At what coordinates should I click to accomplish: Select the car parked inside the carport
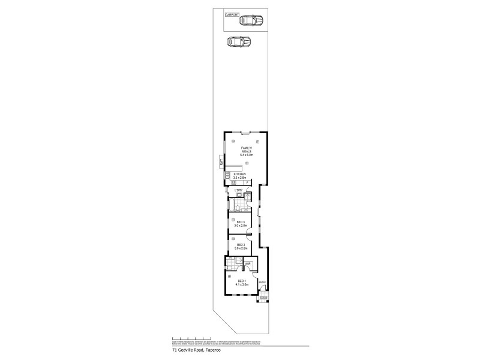[x=251, y=20]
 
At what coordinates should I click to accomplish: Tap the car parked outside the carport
[x=238, y=42]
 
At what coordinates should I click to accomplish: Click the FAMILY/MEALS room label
[x=247, y=149]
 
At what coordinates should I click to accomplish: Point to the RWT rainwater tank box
[x=221, y=163]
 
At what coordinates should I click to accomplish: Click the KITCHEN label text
[x=240, y=174]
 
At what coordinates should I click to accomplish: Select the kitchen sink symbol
[x=228, y=175]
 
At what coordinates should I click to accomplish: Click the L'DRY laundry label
[x=238, y=191]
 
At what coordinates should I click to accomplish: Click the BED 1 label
[x=242, y=281]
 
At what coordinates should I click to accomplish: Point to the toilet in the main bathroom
[x=238, y=208]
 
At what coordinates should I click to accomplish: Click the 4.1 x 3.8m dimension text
[x=242, y=284]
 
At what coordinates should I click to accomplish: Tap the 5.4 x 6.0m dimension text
[x=247, y=155]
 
